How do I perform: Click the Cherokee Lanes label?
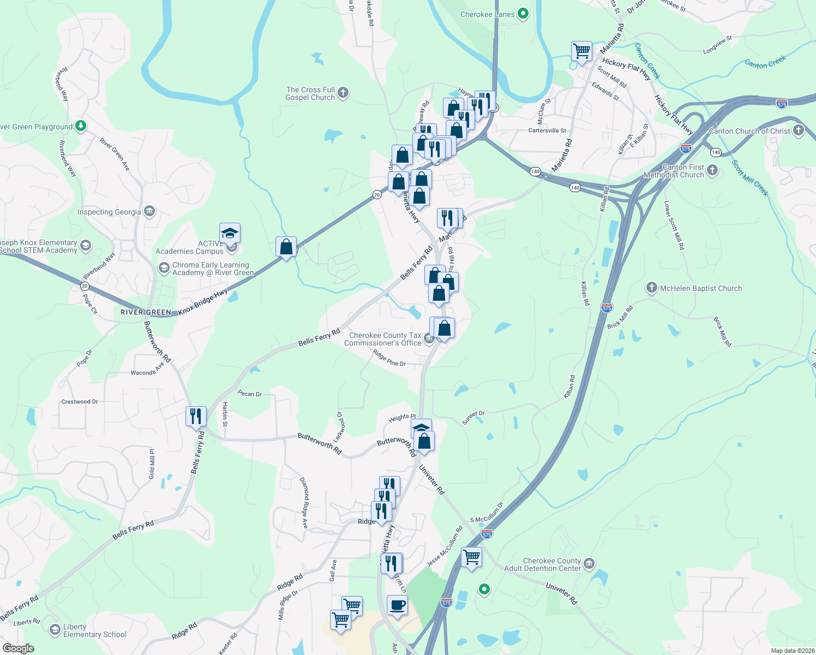click(x=487, y=14)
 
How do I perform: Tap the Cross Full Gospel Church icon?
click(x=343, y=93)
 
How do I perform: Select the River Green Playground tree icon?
click(x=81, y=127)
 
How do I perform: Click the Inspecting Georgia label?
click(x=109, y=212)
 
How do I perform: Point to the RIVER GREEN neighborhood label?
click(x=146, y=312)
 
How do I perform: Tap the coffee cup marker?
click(x=397, y=605)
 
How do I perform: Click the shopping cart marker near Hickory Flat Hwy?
click(x=582, y=52)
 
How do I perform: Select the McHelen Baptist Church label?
click(x=701, y=288)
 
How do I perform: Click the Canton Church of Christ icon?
click(x=799, y=130)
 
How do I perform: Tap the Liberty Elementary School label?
click(x=94, y=630)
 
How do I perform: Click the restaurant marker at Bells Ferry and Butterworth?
click(x=196, y=416)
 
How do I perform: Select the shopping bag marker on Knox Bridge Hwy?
click(x=286, y=247)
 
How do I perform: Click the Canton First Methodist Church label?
click(x=675, y=171)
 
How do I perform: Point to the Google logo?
click(x=18, y=648)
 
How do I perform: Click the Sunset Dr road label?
click(x=473, y=418)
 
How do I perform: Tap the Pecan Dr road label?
click(x=250, y=394)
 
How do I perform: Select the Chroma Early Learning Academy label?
click(x=213, y=269)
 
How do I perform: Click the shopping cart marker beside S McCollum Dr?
click(x=471, y=557)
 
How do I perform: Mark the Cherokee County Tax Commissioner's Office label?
click(x=383, y=339)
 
